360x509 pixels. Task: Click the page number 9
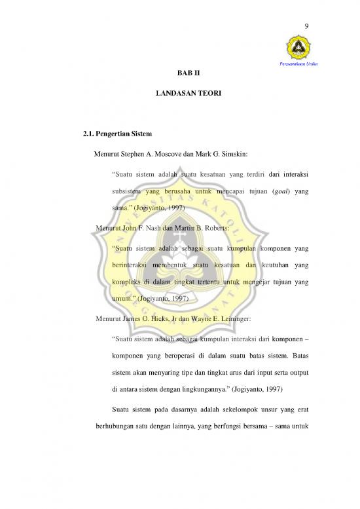307,26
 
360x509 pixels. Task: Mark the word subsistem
132,190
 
